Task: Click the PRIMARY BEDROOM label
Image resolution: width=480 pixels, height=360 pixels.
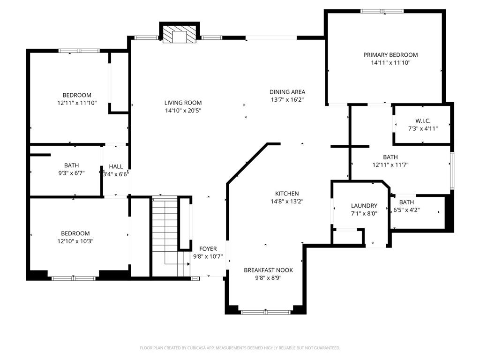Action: (390, 55)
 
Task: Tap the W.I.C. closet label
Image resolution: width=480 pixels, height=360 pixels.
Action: (423, 121)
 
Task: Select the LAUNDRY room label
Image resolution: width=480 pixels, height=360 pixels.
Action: (364, 206)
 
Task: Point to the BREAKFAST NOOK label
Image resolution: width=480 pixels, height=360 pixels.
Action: (268, 270)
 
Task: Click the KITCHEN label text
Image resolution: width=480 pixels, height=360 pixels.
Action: (287, 194)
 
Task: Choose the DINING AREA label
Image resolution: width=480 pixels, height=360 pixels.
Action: (287, 92)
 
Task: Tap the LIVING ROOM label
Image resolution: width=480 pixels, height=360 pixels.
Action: (183, 103)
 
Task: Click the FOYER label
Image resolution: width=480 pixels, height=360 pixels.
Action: (208, 249)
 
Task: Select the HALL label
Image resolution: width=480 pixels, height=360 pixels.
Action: (116, 166)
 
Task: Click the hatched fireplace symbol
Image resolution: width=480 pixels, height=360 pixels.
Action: (180, 34)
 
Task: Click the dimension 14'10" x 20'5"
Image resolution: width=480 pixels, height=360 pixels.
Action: (183, 111)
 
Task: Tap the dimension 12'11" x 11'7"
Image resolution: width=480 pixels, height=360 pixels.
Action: (390, 165)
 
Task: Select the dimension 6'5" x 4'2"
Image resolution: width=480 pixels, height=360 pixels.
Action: (406, 210)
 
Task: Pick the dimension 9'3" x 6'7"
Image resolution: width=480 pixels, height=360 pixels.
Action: (71, 173)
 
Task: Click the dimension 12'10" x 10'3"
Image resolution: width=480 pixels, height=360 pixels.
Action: (75, 241)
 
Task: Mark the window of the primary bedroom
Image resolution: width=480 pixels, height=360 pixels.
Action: (382, 11)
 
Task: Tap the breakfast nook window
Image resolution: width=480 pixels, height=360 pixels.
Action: (265, 312)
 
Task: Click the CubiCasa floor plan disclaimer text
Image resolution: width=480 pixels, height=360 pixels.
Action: (240, 348)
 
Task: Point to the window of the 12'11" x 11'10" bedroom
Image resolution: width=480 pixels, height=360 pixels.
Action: (79, 51)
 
